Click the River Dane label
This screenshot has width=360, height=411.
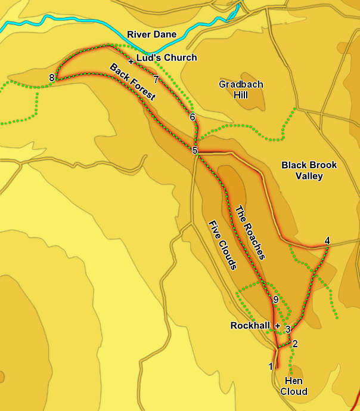tap(156, 35)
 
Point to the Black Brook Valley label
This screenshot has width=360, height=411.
tap(309, 170)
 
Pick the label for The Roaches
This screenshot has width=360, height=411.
tap(249, 232)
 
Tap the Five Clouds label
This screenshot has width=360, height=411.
tap(222, 245)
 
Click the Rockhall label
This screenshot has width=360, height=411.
tap(251, 326)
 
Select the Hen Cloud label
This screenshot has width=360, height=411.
tap(296, 386)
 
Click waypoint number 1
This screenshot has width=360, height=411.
tap(271, 366)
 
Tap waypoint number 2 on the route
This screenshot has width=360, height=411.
tap(294, 343)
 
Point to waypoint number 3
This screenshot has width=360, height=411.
tap(287, 329)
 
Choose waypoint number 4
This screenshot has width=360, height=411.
tap(327, 240)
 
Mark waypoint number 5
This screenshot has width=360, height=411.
tap(195, 150)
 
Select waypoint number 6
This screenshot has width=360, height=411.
tap(192, 117)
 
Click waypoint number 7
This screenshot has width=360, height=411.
tap(156, 79)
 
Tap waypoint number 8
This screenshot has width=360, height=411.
tap(52, 78)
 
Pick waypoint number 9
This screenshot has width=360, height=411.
tap(275, 299)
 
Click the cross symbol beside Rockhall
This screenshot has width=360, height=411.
tap(278, 326)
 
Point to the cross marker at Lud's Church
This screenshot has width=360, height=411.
tap(131, 60)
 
